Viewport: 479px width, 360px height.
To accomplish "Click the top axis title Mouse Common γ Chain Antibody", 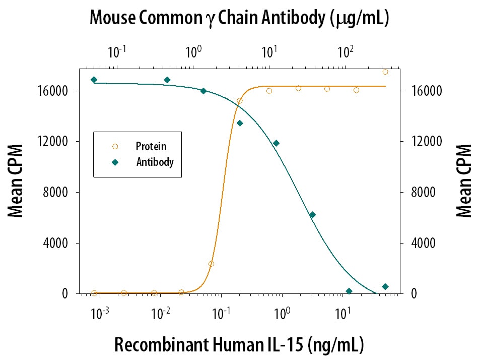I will point(239,19).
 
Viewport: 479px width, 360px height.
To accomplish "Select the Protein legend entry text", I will point(151,147).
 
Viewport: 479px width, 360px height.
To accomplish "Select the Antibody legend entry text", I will point(155,162).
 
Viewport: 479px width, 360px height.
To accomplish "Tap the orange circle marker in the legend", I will point(115,147).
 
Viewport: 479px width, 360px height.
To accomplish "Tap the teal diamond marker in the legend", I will point(115,162).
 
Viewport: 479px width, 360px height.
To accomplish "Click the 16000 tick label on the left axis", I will point(53,91).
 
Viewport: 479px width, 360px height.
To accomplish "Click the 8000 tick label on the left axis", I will point(56,193).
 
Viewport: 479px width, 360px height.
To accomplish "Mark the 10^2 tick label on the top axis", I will point(345,51).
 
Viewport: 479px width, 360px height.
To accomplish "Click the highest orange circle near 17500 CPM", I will point(385,72).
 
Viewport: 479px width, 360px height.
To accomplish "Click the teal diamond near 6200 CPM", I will point(312,215).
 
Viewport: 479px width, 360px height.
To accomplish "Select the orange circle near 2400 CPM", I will point(211,264).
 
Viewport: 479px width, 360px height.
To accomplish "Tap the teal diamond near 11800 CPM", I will point(276,143).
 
